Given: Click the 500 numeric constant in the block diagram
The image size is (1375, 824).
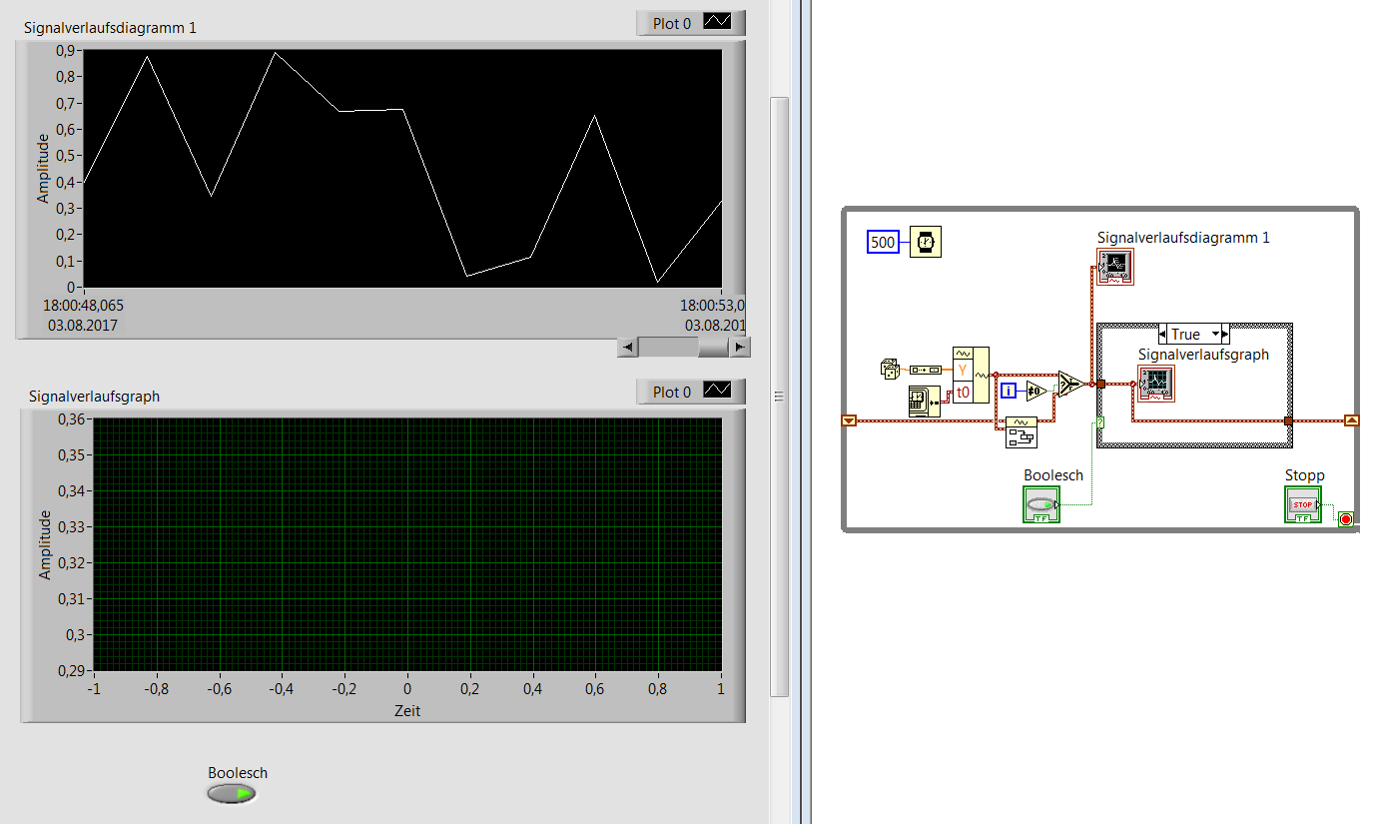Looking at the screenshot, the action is click(883, 242).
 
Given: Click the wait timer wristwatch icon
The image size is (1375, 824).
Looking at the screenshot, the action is click(925, 242).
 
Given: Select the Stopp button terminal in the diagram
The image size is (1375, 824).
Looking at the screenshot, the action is click(1302, 504).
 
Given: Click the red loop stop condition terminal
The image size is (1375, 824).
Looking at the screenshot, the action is click(1345, 519).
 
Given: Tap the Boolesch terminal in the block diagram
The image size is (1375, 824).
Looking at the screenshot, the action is click(1041, 504).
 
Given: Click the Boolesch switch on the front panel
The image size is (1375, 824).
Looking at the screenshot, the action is click(232, 794).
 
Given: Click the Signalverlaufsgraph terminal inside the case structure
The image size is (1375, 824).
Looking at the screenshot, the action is click(1156, 384).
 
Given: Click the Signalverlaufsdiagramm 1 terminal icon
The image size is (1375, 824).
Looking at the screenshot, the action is click(1115, 267).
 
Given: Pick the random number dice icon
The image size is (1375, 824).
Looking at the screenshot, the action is click(890, 369).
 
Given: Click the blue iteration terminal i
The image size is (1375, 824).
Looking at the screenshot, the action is click(1008, 390).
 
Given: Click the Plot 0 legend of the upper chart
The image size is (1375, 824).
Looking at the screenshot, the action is click(691, 23).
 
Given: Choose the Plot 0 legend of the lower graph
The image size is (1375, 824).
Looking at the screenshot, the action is click(691, 392).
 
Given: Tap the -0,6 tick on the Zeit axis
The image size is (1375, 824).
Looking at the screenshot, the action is click(219, 689).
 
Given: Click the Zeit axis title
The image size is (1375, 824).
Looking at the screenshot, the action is click(407, 710).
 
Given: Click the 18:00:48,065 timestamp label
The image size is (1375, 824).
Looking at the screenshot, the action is click(83, 306).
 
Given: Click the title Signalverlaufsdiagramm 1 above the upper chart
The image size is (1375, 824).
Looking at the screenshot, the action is click(110, 28).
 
